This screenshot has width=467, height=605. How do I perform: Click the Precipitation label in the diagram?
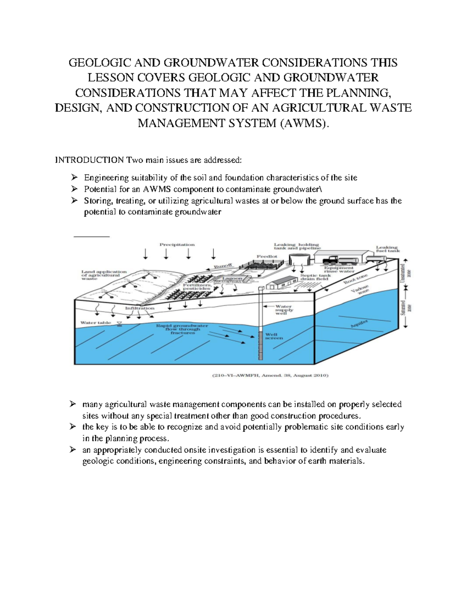[x=177, y=245]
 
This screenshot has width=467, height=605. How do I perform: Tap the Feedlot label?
[x=267, y=257]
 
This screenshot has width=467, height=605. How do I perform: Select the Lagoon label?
[x=232, y=279]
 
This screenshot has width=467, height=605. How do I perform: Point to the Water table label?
[x=95, y=323]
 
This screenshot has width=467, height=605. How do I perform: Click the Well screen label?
[x=274, y=336]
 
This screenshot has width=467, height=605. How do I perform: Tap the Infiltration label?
[x=140, y=308]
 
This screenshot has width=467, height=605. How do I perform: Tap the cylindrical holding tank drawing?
[x=300, y=258]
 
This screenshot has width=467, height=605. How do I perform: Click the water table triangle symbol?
[x=119, y=324]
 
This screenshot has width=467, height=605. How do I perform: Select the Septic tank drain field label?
[x=315, y=277]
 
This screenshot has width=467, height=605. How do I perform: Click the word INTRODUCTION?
[x=90, y=160]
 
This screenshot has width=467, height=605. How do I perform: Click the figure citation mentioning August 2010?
[x=270, y=376]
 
